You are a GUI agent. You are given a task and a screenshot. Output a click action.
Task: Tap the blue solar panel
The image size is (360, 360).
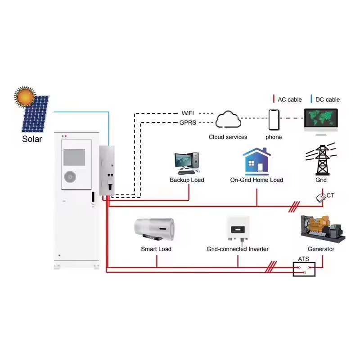pyautogui.click(x=35, y=114)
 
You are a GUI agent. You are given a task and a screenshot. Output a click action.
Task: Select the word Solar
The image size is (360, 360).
pyautogui.click(x=32, y=139)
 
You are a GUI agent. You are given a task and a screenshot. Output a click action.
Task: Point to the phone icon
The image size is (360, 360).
pyautogui.click(x=274, y=119)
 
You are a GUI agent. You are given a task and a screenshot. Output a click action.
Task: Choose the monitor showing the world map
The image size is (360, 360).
pyautogui.click(x=321, y=120)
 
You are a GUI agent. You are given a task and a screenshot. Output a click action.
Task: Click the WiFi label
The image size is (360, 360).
pyautogui.click(x=188, y=112)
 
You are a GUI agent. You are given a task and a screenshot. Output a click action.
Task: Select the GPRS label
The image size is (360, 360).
pyautogui.click(x=188, y=122)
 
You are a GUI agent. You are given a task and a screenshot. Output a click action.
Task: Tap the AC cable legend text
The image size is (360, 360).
pyautogui.click(x=290, y=99)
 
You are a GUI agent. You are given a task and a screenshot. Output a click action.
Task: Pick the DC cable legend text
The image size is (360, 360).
pyautogui.click(x=327, y=99)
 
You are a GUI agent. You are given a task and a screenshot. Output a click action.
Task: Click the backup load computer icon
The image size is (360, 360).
pyautogui.click(x=186, y=163)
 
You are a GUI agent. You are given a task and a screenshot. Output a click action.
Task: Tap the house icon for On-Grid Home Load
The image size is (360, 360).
pyautogui.click(x=256, y=162)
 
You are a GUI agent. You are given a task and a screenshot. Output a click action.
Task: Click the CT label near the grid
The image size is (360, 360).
pyautogui.click(x=330, y=195)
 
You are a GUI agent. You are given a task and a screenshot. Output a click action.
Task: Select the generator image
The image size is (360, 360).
pyautogui.click(x=322, y=229)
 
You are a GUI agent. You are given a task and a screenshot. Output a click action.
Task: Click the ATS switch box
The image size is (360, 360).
pyautogui.click(x=304, y=269)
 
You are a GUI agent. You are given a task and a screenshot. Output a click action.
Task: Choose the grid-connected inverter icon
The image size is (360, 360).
pyautogui.click(x=237, y=229)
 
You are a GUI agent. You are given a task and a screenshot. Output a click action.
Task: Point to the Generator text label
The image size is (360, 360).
pyautogui.click(x=321, y=249)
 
